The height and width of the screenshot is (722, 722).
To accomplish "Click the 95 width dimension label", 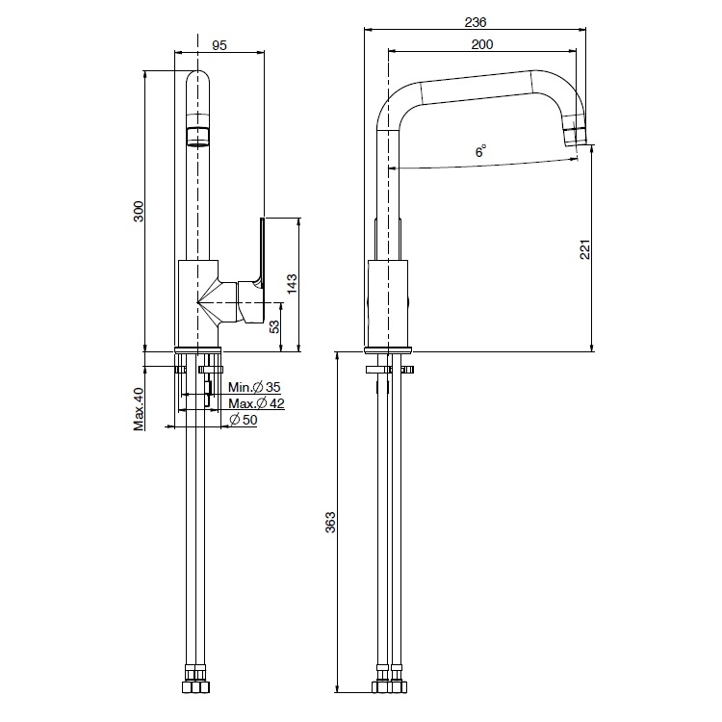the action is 219,45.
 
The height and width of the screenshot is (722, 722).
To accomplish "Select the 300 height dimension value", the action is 139,212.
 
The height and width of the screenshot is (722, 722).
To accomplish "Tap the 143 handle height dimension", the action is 292,284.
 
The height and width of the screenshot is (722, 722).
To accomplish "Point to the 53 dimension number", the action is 274,326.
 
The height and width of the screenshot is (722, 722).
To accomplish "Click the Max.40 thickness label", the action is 139,409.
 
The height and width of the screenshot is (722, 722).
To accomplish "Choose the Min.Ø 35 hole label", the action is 254,387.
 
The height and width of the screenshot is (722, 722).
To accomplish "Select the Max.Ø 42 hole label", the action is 256,403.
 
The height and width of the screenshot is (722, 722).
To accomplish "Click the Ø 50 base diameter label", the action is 244,420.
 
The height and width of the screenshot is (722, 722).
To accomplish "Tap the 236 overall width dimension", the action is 476,21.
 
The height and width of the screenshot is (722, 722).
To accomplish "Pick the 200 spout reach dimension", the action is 482,44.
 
